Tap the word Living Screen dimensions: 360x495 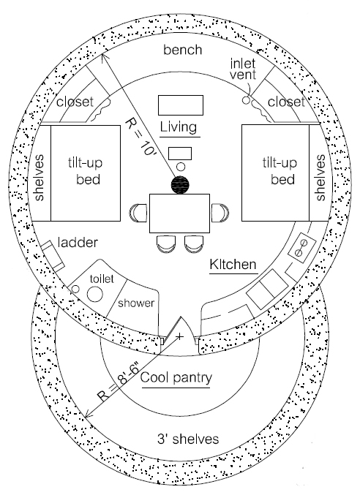coord(179,127)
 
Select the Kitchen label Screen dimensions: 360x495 coord(233,264)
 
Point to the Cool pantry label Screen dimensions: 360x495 coord(176,378)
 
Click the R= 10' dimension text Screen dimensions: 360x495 coord(138,136)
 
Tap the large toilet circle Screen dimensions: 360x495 coord(94,295)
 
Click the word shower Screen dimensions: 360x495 coord(136,303)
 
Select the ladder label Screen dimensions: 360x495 coord(78,243)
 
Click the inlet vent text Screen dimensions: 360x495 coord(243,69)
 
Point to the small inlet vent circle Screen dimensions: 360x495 coord(246,100)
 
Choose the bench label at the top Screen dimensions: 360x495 coord(182,50)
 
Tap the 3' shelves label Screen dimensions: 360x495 coord(188,439)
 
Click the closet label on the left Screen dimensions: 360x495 coord(75,102)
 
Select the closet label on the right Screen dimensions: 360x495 coord(286,102)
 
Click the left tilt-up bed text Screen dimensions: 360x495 coord(86,171)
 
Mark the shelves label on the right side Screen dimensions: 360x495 coord(320,178)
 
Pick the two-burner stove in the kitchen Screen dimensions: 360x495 coord(302,248)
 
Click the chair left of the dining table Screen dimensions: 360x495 coord(138,213)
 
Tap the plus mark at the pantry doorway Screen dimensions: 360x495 coord(179,336)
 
